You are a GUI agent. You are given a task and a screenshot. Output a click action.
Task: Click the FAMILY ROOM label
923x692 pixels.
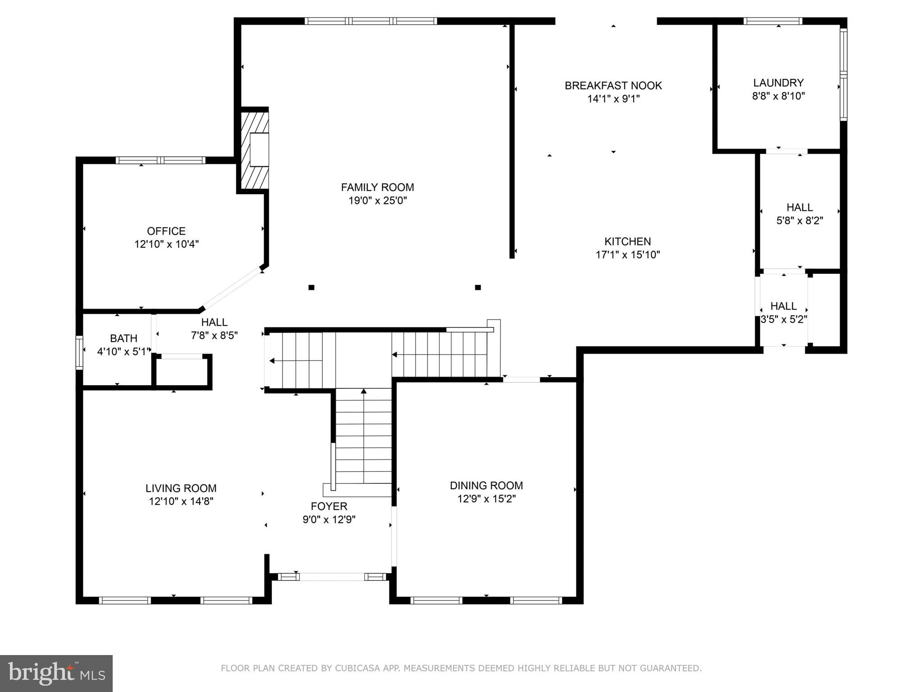(x=377, y=187)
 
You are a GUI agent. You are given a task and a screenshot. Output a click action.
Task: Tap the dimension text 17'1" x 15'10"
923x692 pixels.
(x=627, y=255)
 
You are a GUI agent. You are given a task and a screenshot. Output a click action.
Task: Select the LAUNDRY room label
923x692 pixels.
(x=778, y=83)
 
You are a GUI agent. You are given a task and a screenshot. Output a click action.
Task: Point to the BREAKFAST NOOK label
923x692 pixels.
(x=613, y=86)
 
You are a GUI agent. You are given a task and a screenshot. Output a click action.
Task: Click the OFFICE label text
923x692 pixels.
(x=166, y=231)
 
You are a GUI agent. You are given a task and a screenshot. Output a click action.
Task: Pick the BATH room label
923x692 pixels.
(x=123, y=338)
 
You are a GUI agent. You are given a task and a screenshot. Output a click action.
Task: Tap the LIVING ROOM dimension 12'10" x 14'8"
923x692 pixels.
(x=181, y=501)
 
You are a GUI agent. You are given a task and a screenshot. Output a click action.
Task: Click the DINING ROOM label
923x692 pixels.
(x=486, y=485)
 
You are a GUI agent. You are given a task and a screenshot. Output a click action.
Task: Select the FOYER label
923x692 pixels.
(x=329, y=506)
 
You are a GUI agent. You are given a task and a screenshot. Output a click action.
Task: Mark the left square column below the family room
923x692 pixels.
(x=311, y=287)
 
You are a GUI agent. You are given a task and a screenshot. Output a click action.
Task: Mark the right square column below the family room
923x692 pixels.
(x=478, y=287)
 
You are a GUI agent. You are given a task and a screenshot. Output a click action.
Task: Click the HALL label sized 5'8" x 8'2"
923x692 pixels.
(x=800, y=208)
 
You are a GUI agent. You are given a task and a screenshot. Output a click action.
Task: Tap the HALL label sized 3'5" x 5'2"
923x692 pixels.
(x=783, y=306)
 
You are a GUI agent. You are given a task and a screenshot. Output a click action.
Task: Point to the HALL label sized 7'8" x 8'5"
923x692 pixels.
(x=214, y=322)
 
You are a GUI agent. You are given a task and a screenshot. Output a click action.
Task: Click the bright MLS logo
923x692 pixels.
(x=56, y=673)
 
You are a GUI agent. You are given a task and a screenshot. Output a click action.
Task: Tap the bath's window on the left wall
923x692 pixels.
(x=79, y=352)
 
